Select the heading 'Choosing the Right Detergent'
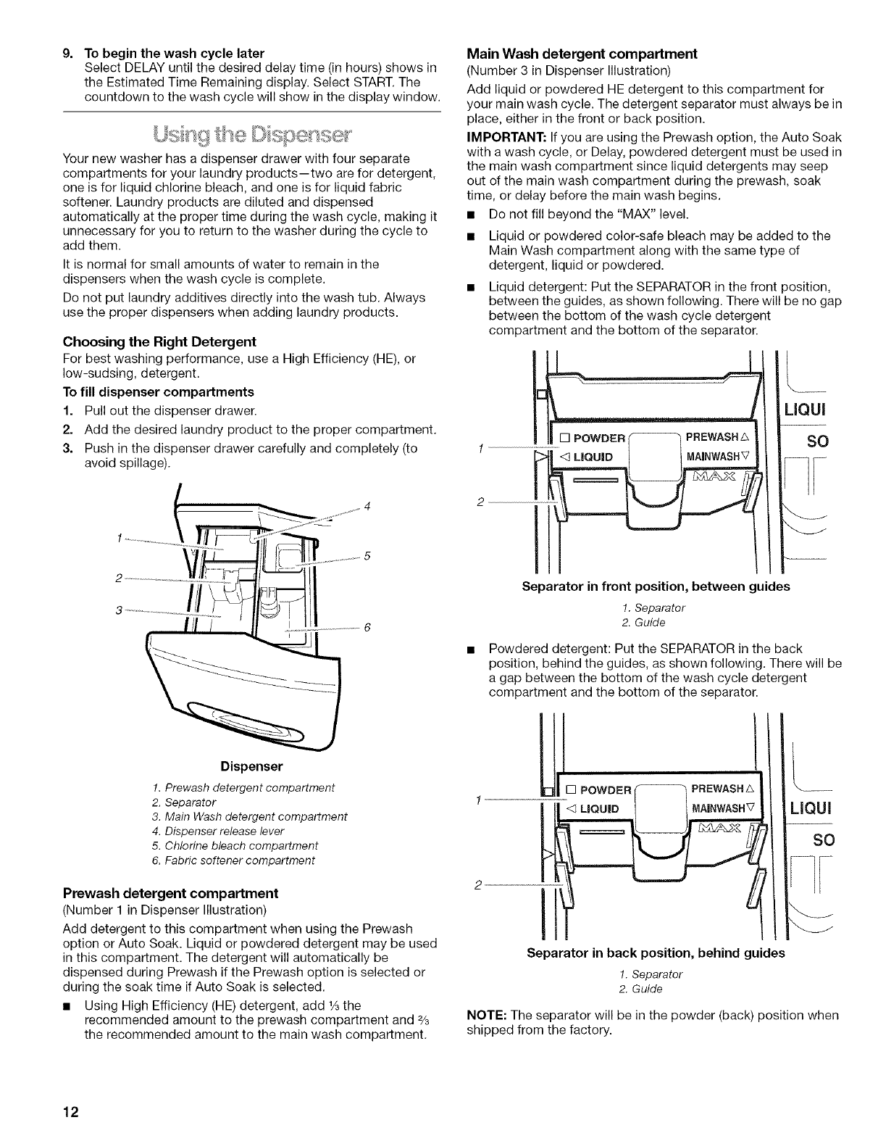tap(159, 341)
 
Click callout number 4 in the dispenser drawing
tap(369, 505)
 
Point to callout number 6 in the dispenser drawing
tap(367, 627)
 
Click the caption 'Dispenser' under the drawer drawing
tap(251, 766)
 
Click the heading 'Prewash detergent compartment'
tap(171, 892)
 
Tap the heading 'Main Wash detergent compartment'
tap(582, 54)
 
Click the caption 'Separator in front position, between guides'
tap(656, 586)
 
